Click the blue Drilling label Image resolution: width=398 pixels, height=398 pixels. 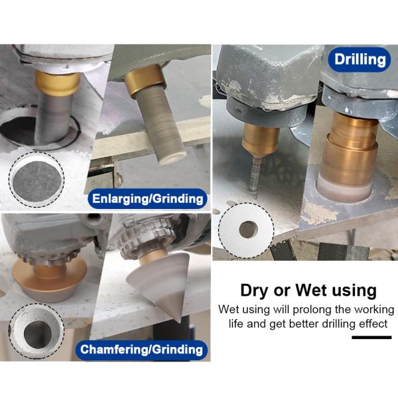tap(360, 60)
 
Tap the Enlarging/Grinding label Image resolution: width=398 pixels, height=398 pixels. tap(147, 198)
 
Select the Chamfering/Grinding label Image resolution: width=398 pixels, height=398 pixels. tap(141, 350)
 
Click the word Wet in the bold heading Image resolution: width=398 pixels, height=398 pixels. tap(312, 290)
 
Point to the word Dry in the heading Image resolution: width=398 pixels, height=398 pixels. tap(255, 291)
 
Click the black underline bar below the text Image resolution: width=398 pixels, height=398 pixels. tap(371, 338)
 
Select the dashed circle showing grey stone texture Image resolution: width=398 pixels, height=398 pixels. tap(36, 179)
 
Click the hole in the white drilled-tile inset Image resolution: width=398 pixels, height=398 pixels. tap(248, 230)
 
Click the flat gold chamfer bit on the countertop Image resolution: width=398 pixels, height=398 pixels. tap(50, 279)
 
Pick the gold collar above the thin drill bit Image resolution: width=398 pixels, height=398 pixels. tap(260, 139)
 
